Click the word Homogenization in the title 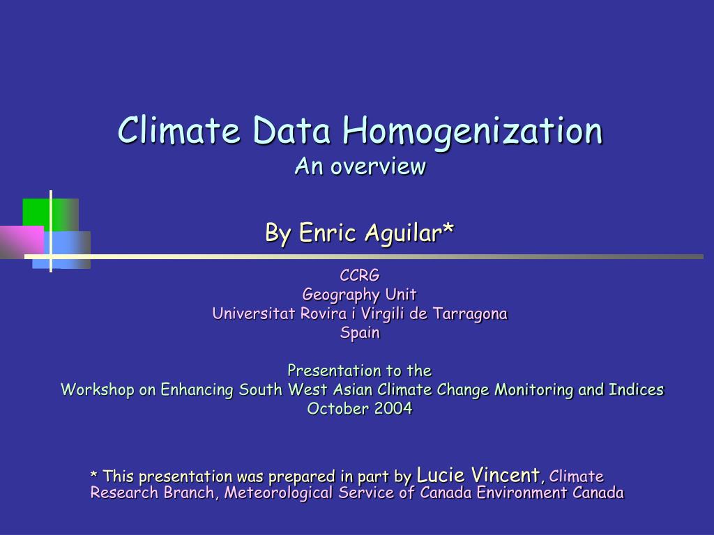point(473,132)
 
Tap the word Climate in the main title point(178,130)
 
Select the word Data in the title point(291,130)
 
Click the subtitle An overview point(360,166)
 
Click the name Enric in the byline point(328,233)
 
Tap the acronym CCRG point(360,275)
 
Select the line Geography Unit point(360,295)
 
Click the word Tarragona point(470,314)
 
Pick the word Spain point(360,333)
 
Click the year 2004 point(393,408)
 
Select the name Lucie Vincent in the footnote point(478,475)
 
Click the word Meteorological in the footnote point(278,493)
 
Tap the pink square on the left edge point(22,242)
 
